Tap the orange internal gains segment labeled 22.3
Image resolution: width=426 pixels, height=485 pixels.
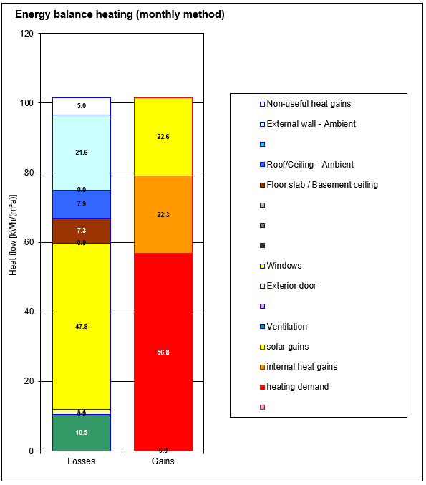point(163,214)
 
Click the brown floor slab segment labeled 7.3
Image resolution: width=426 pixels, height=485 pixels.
point(82,231)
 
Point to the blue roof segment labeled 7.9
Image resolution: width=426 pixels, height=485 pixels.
point(82,204)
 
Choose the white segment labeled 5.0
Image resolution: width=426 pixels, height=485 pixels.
point(82,106)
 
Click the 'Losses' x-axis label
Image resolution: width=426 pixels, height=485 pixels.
point(81,461)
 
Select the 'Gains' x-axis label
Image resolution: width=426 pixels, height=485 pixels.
point(163,461)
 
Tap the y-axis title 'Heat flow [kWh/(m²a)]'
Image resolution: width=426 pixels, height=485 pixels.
point(12,242)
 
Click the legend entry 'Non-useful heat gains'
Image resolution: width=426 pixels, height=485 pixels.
point(309,104)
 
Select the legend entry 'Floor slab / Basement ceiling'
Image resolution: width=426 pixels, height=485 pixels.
point(321,185)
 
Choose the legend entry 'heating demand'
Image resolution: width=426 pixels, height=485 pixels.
point(297,387)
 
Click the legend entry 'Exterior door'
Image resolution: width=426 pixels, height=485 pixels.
point(291,286)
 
